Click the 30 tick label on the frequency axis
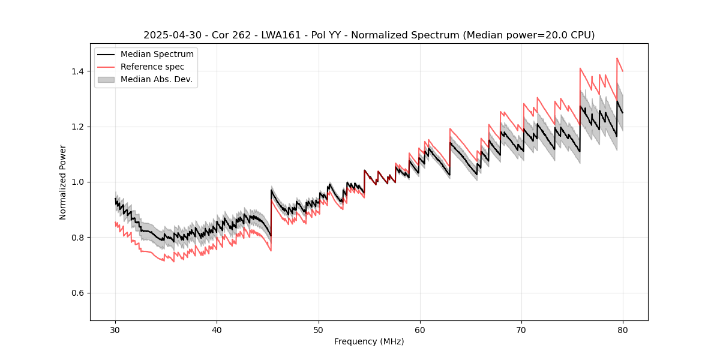pyautogui.click(x=115, y=330)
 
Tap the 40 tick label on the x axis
pyautogui.click(x=217, y=330)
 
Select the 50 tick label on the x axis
pyautogui.click(x=318, y=330)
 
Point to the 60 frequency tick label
pyautogui.click(x=419, y=330)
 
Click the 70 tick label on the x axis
pyautogui.click(x=521, y=330)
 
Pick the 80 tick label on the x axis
pyautogui.click(x=622, y=330)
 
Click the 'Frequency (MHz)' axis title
pyautogui.click(x=369, y=341)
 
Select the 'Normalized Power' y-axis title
pyautogui.click(x=62, y=182)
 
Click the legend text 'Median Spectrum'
pyautogui.click(x=157, y=55)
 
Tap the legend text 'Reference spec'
pyautogui.click(x=152, y=67)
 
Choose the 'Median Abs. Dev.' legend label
pyautogui.click(x=156, y=79)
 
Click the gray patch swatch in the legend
pyautogui.click(x=107, y=79)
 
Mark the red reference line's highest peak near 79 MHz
pyautogui.click(x=617, y=58)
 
